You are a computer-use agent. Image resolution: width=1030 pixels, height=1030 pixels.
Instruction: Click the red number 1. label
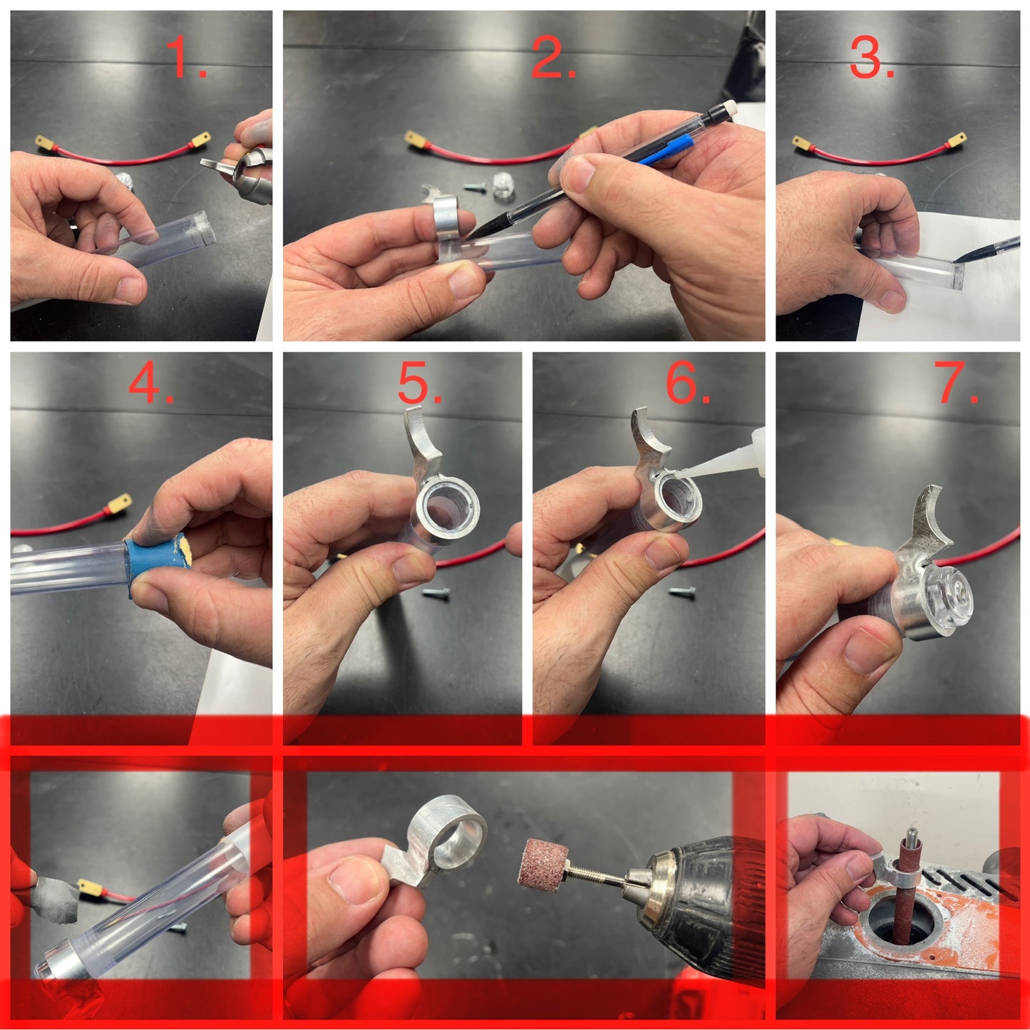tap(185, 57)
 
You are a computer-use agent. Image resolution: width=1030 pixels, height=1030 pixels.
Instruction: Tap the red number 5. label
tap(420, 383)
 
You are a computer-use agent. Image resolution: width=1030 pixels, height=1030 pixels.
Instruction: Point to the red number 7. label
tap(957, 383)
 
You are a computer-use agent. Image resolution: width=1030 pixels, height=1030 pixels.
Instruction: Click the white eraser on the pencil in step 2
tap(730, 108)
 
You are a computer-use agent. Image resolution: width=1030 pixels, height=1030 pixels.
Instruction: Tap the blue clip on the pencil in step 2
tap(666, 150)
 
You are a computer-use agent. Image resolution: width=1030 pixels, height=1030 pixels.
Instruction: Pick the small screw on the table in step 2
tap(475, 187)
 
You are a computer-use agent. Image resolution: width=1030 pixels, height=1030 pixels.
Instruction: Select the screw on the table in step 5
tap(436, 592)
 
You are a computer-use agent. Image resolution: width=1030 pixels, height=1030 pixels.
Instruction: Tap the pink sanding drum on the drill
tap(540, 862)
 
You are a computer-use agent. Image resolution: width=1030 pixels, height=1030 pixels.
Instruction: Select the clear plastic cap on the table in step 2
tap(503, 185)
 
